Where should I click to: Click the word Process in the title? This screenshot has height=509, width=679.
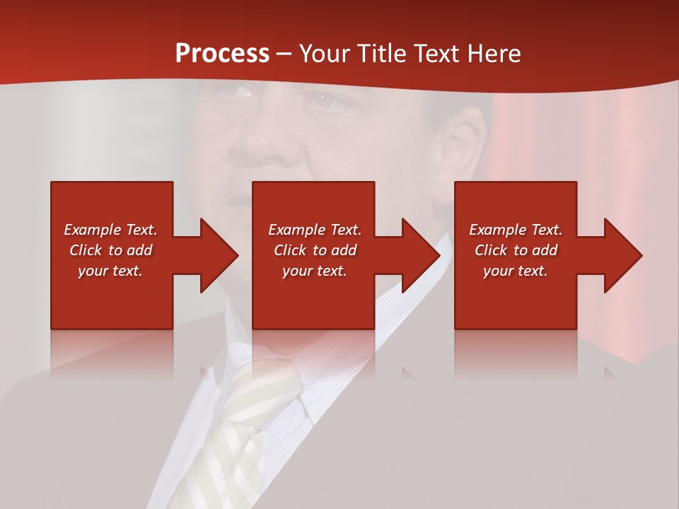[222, 54]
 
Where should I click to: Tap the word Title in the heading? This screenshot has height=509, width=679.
[381, 54]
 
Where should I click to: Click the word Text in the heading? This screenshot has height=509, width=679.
[436, 54]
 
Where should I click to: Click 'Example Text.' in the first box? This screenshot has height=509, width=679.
[110, 230]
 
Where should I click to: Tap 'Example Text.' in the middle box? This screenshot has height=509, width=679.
[315, 230]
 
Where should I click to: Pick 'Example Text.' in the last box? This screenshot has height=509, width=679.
[516, 230]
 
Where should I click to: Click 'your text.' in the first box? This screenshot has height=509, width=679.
[110, 271]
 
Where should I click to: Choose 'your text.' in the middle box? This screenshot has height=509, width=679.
[315, 271]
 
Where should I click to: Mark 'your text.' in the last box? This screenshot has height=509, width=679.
[516, 271]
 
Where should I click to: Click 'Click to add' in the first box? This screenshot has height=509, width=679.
[110, 250]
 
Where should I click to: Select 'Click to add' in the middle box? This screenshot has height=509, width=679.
[315, 250]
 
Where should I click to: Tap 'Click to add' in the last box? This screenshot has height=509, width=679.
[516, 250]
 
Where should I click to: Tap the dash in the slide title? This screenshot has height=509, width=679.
[284, 54]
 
